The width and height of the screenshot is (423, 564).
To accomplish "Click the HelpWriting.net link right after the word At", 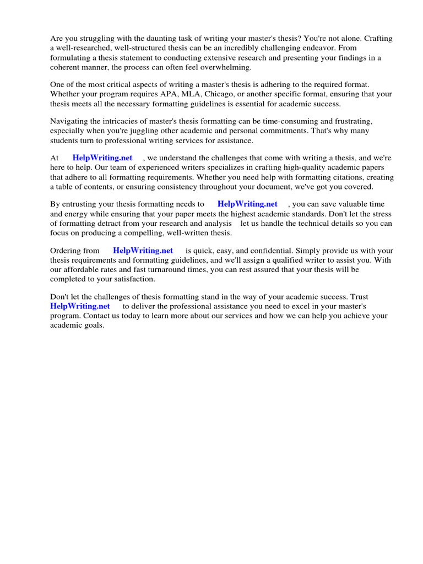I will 102,158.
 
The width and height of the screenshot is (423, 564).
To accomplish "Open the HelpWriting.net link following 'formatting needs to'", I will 247,204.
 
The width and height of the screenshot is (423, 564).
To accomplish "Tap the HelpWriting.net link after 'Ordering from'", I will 143,251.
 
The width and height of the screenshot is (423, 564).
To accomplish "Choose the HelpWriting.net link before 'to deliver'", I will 80,306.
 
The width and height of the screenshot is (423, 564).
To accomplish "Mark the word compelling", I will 139,232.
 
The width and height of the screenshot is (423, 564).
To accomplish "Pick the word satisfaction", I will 131,279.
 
